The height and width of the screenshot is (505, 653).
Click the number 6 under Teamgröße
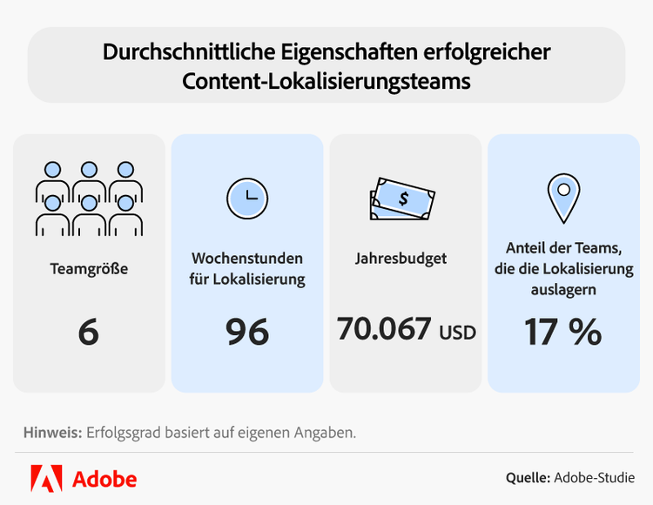[88, 332]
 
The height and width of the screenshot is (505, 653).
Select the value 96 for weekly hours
[247, 332]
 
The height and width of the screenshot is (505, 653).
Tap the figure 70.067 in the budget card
[384, 329]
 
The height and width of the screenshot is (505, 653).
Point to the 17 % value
[562, 332]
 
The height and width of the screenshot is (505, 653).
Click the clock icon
[247, 196]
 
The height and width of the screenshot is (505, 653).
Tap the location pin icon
[563, 198]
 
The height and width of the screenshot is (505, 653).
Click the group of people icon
[89, 198]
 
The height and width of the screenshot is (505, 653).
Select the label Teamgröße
[89, 268]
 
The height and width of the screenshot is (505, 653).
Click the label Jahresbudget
[401, 259]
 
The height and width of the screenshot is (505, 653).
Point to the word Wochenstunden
[247, 259]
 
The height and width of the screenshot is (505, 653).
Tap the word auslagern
[563, 290]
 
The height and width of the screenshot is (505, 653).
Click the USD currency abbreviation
[457, 332]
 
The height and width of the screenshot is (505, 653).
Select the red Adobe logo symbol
[46, 478]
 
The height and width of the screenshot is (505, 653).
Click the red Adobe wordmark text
[104, 479]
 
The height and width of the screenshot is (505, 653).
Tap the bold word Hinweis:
[51, 432]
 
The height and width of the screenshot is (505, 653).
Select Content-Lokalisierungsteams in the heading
[326, 81]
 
